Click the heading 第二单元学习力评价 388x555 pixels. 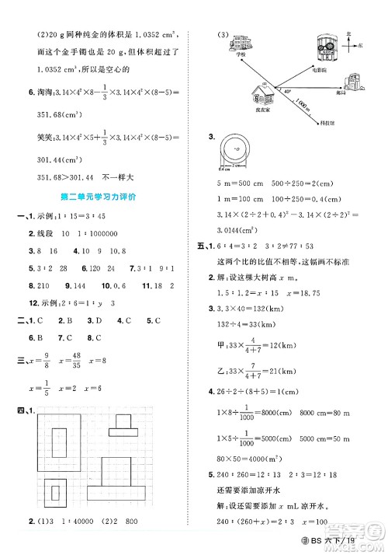coord(102,197)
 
